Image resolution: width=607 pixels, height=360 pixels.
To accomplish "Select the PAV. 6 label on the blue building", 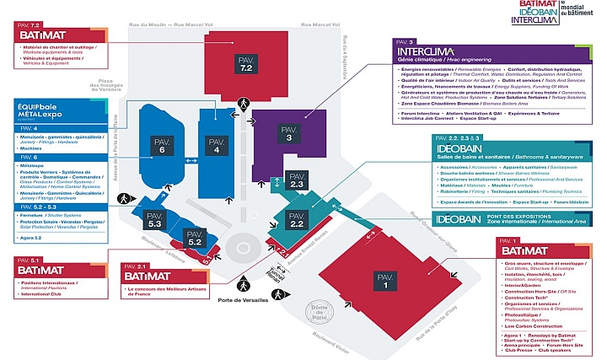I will [163, 146].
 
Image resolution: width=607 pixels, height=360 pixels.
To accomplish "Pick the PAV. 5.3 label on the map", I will [155, 222].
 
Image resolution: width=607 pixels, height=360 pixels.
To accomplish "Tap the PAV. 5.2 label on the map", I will [194, 239].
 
